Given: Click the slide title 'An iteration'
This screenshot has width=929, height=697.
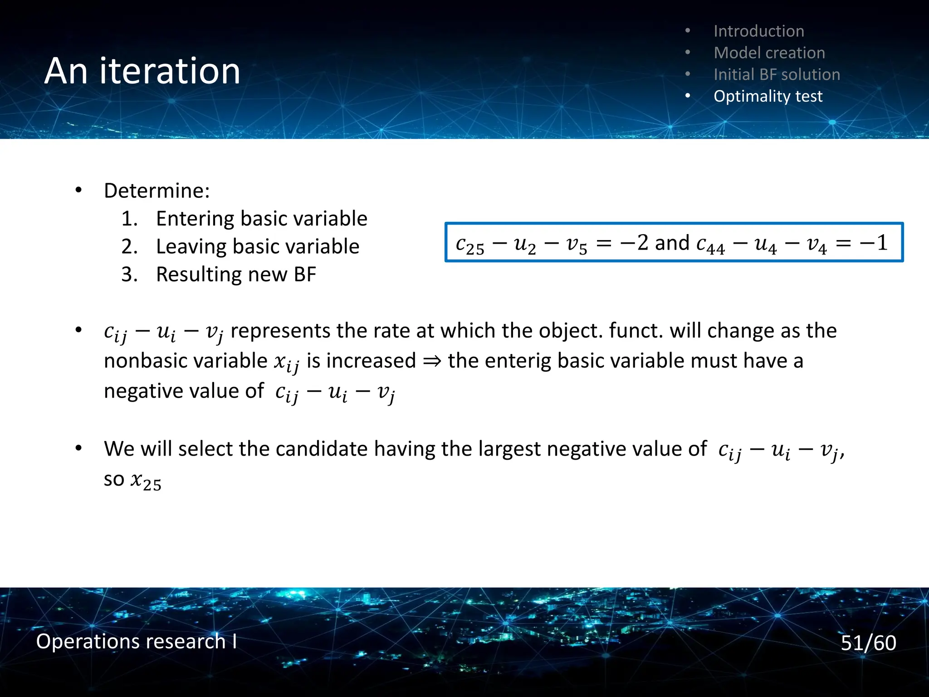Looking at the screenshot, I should [x=142, y=71].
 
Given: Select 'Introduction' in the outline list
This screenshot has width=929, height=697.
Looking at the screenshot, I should [x=758, y=31].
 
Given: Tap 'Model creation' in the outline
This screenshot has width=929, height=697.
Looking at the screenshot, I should [x=769, y=53].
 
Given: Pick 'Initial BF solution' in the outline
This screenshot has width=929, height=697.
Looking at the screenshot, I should [x=777, y=74].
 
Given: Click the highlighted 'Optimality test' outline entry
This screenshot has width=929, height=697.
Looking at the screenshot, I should [x=768, y=96].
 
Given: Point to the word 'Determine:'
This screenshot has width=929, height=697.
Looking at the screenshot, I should [x=156, y=191].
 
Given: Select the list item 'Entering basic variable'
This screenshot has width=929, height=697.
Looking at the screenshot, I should [x=261, y=219].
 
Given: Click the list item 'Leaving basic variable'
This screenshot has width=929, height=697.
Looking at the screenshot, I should [x=257, y=246].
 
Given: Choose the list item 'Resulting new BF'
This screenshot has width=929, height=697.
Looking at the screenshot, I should [x=236, y=275].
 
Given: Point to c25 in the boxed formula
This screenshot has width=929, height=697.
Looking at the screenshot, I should [x=469, y=245].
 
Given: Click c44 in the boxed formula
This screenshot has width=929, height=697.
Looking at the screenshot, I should [x=710, y=245].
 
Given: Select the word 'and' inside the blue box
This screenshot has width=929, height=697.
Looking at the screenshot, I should [x=672, y=243].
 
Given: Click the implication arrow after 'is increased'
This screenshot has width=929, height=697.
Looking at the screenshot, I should [x=432, y=361].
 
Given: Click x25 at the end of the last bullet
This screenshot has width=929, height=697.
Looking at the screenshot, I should [x=146, y=481].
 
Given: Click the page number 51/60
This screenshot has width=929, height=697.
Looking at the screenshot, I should [x=868, y=643].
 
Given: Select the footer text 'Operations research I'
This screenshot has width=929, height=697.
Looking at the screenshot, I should [x=136, y=641].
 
